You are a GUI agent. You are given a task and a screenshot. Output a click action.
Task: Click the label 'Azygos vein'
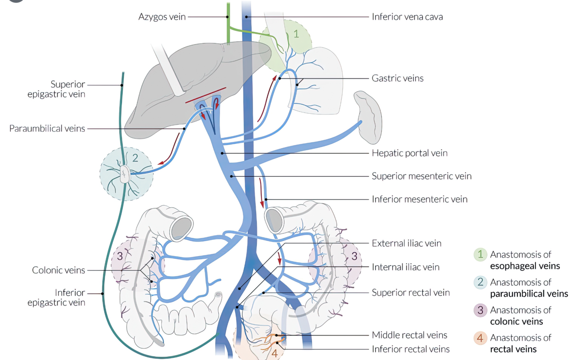tap(162, 17)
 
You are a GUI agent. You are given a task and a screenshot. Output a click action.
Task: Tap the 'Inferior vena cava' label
tap(407, 17)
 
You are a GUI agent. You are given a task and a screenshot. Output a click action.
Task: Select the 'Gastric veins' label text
tap(397, 78)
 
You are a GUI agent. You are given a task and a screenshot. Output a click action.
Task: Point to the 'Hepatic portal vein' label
tap(409, 153)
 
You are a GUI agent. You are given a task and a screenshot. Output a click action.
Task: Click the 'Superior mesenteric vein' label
tap(421, 176)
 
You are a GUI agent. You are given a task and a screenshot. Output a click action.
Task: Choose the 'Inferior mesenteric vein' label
tap(419, 199)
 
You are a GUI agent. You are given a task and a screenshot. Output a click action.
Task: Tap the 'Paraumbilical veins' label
tap(47, 128)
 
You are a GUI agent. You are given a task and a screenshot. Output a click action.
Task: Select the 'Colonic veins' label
tap(58, 270)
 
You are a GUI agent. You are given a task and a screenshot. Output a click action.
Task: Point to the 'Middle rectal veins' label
tap(409, 335)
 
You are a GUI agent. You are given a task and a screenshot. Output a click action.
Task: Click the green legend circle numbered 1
tap(480, 254)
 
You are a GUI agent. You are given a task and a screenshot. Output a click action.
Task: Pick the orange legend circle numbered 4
tap(480, 338)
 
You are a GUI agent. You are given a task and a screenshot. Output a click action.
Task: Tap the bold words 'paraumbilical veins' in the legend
tap(529, 294)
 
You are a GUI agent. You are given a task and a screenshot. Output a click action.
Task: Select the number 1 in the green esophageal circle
tap(296, 33)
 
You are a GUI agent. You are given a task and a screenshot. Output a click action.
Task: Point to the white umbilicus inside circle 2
tap(124, 174)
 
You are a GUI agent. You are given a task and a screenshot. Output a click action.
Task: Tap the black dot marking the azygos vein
tap(228, 17)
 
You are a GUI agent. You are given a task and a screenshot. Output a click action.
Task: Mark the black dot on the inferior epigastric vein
tap(102, 293)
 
